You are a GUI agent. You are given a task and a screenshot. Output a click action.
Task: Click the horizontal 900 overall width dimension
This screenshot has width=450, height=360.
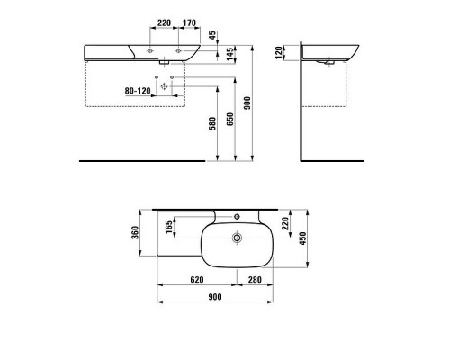[216, 298]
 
